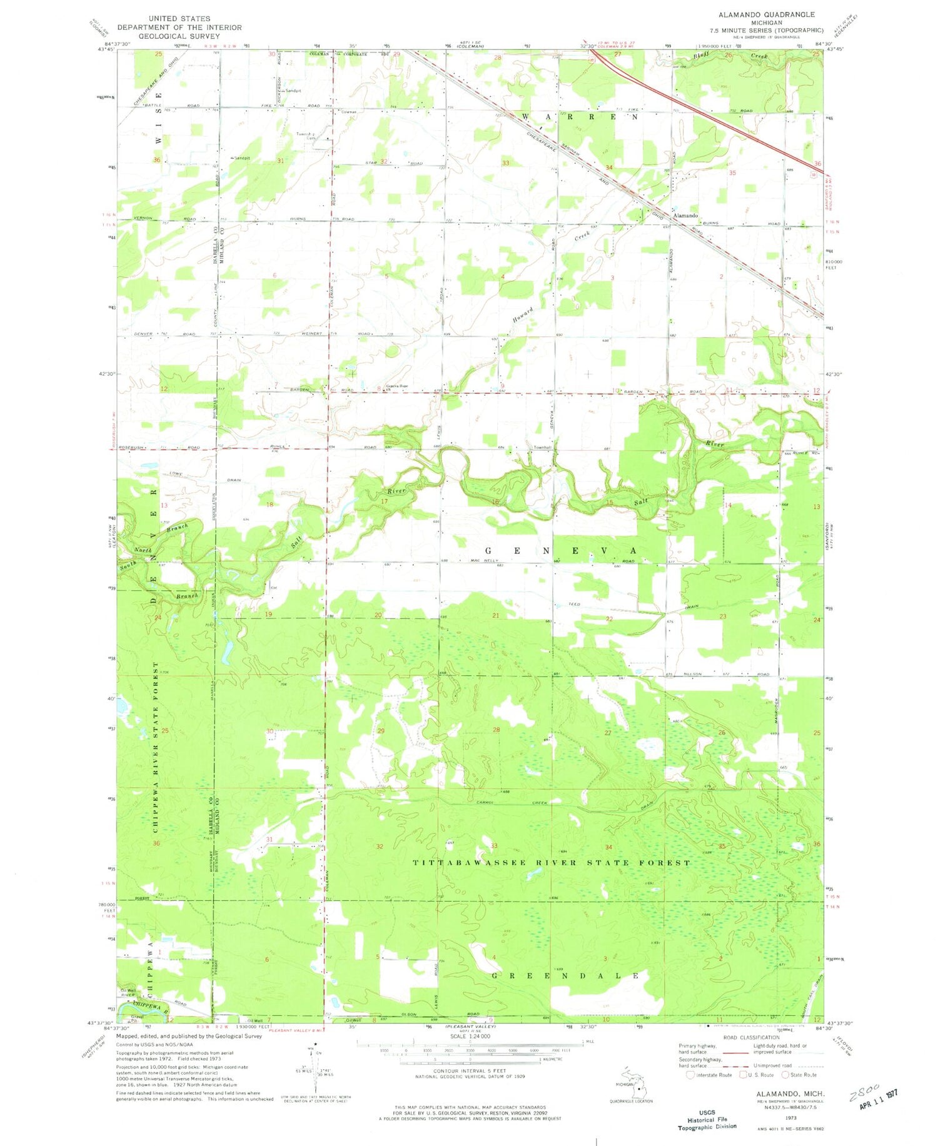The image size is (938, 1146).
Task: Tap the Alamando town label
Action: point(685,216)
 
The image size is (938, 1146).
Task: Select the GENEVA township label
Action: point(562,550)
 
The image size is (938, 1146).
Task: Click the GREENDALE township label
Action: point(567,975)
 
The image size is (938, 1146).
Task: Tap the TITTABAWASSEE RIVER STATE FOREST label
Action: point(552,863)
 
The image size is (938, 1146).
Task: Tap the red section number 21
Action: point(496,616)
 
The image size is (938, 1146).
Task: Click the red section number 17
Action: point(385,501)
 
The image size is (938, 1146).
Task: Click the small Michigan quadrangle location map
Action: point(637,1088)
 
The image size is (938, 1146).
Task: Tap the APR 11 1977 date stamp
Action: point(874,1094)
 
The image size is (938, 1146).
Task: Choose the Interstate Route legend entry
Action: point(709,1075)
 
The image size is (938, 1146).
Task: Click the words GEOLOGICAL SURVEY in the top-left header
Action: point(179,36)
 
